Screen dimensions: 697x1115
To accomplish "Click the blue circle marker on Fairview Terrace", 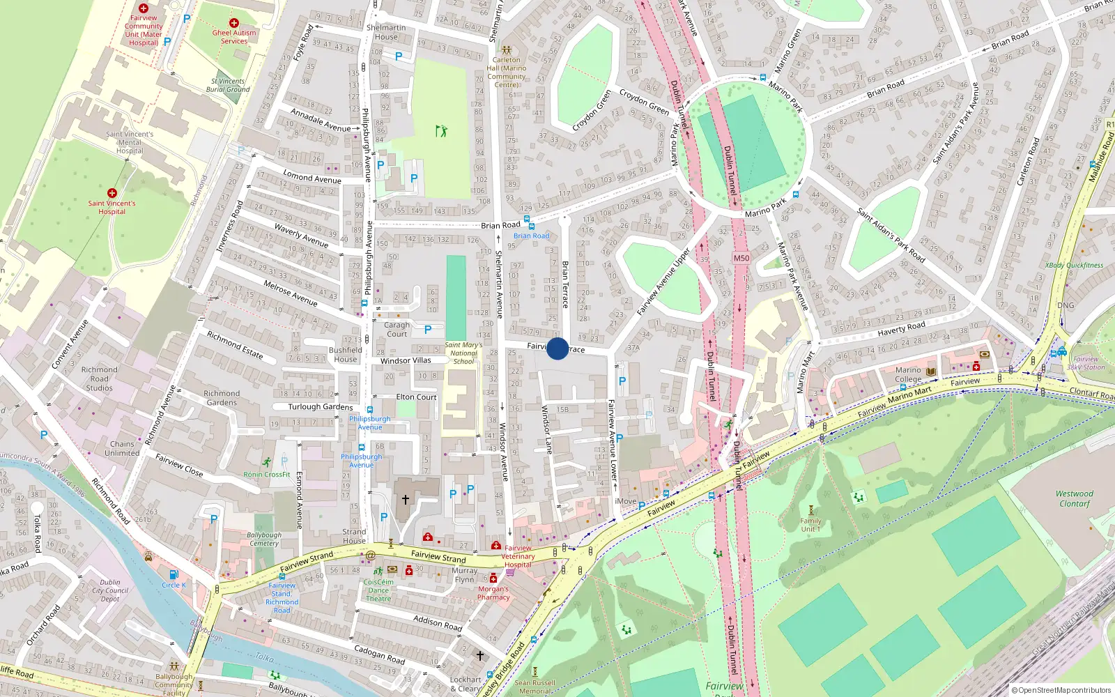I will tap(557, 348).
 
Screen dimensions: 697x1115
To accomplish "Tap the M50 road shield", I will tap(741, 258).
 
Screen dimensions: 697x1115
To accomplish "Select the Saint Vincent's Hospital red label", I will tap(111, 207).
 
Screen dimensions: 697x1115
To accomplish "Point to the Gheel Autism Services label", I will tap(234, 37).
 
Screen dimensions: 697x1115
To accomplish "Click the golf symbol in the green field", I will tap(440, 130).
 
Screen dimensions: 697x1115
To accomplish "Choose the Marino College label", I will tap(908, 375).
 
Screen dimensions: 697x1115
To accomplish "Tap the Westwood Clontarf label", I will tap(1074, 498).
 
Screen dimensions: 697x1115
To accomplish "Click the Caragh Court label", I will tap(397, 329).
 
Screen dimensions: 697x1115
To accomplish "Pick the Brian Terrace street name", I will tap(565, 284).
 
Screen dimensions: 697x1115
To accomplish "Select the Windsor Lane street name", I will tap(547, 429).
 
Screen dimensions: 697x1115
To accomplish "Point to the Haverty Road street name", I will tap(901, 328).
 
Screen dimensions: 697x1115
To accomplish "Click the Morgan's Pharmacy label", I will tap(493, 592).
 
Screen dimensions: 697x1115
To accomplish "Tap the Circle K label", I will tap(174, 585).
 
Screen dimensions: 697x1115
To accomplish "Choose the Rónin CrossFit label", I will tap(267, 475).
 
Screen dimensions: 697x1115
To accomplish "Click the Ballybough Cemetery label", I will tap(264, 539).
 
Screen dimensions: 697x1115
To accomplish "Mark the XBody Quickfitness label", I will tap(1074, 266).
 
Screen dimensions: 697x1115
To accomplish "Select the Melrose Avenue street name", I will tap(291, 293).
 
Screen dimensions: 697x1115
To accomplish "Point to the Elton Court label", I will tap(416, 397).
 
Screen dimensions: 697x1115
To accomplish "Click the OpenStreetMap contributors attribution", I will tap(1061, 690).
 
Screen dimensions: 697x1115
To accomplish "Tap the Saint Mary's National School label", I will tap(463, 353).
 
